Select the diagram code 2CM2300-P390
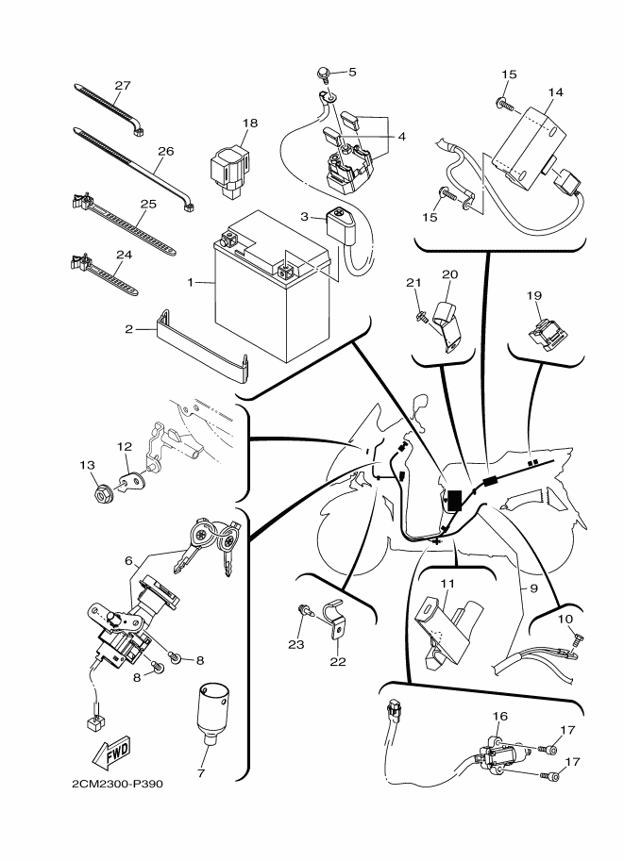pyautogui.click(x=117, y=784)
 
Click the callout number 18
pyautogui.click(x=249, y=123)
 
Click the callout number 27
pyautogui.click(x=123, y=86)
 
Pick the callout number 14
pyautogui.click(x=555, y=92)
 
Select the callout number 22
pyautogui.click(x=338, y=662)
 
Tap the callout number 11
pyautogui.click(x=447, y=583)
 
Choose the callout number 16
pyautogui.click(x=499, y=716)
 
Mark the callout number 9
pyautogui.click(x=532, y=588)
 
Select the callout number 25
pyautogui.click(x=148, y=204)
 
